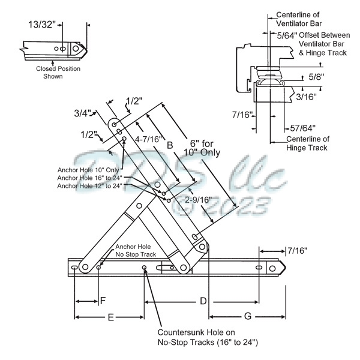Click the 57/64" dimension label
302,127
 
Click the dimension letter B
170,145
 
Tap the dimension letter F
103,299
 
